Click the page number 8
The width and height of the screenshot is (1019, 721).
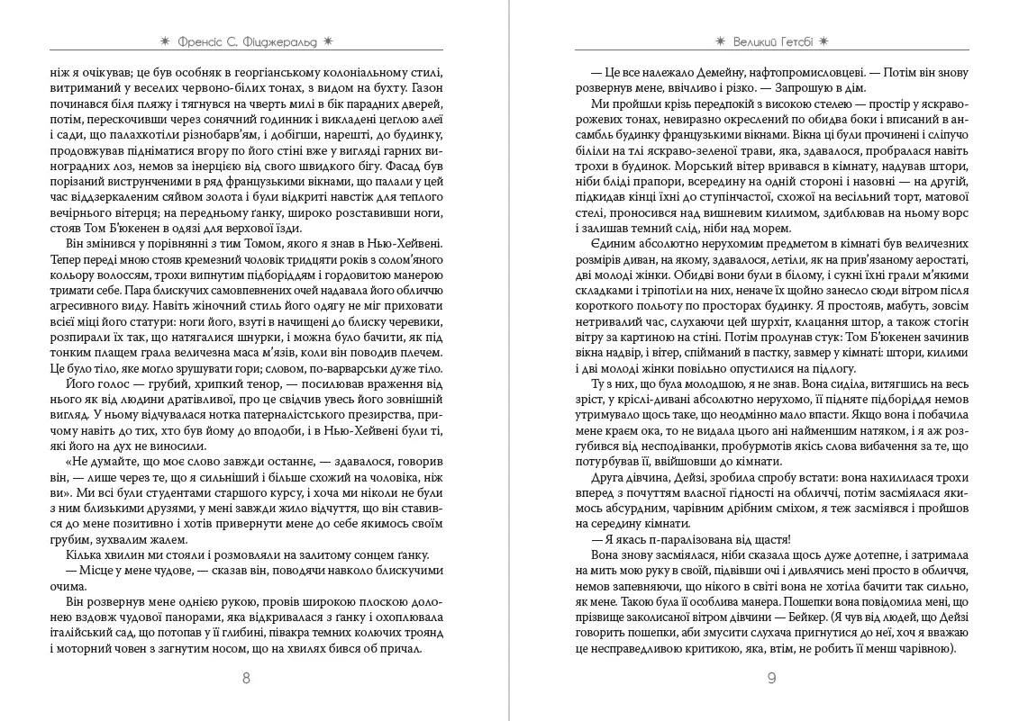247,678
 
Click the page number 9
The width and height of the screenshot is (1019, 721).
771,678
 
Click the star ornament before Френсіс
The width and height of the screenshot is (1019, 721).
165,41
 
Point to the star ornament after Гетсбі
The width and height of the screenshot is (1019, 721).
823,41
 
